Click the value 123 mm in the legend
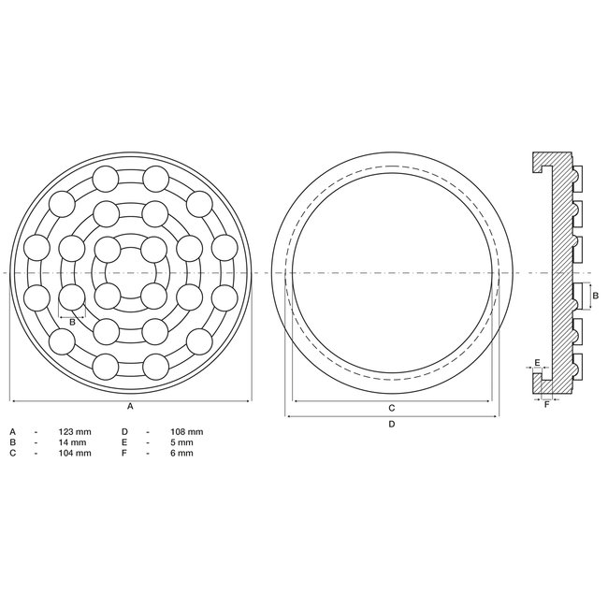(78, 431)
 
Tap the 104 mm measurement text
(78, 454)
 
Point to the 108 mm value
(189, 431)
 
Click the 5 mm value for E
(182, 442)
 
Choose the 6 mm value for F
(182, 454)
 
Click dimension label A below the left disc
(130, 408)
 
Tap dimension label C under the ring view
(391, 408)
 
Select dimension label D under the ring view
(391, 424)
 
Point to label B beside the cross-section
(596, 296)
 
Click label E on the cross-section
(537, 361)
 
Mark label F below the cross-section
(546, 404)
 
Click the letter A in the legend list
(13, 431)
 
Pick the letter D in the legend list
(124, 431)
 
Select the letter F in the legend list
(124, 454)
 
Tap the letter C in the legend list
(13, 454)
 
